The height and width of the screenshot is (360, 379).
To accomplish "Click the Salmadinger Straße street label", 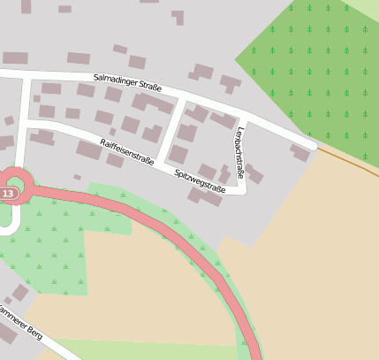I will [127, 83].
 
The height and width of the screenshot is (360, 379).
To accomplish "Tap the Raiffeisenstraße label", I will [127, 151].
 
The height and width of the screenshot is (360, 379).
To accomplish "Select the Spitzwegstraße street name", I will [200, 181].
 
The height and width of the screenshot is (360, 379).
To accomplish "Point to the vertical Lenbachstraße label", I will [239, 152].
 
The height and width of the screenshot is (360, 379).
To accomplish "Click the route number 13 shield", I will [9, 193].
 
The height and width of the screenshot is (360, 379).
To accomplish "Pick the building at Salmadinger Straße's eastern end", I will [300, 153].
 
